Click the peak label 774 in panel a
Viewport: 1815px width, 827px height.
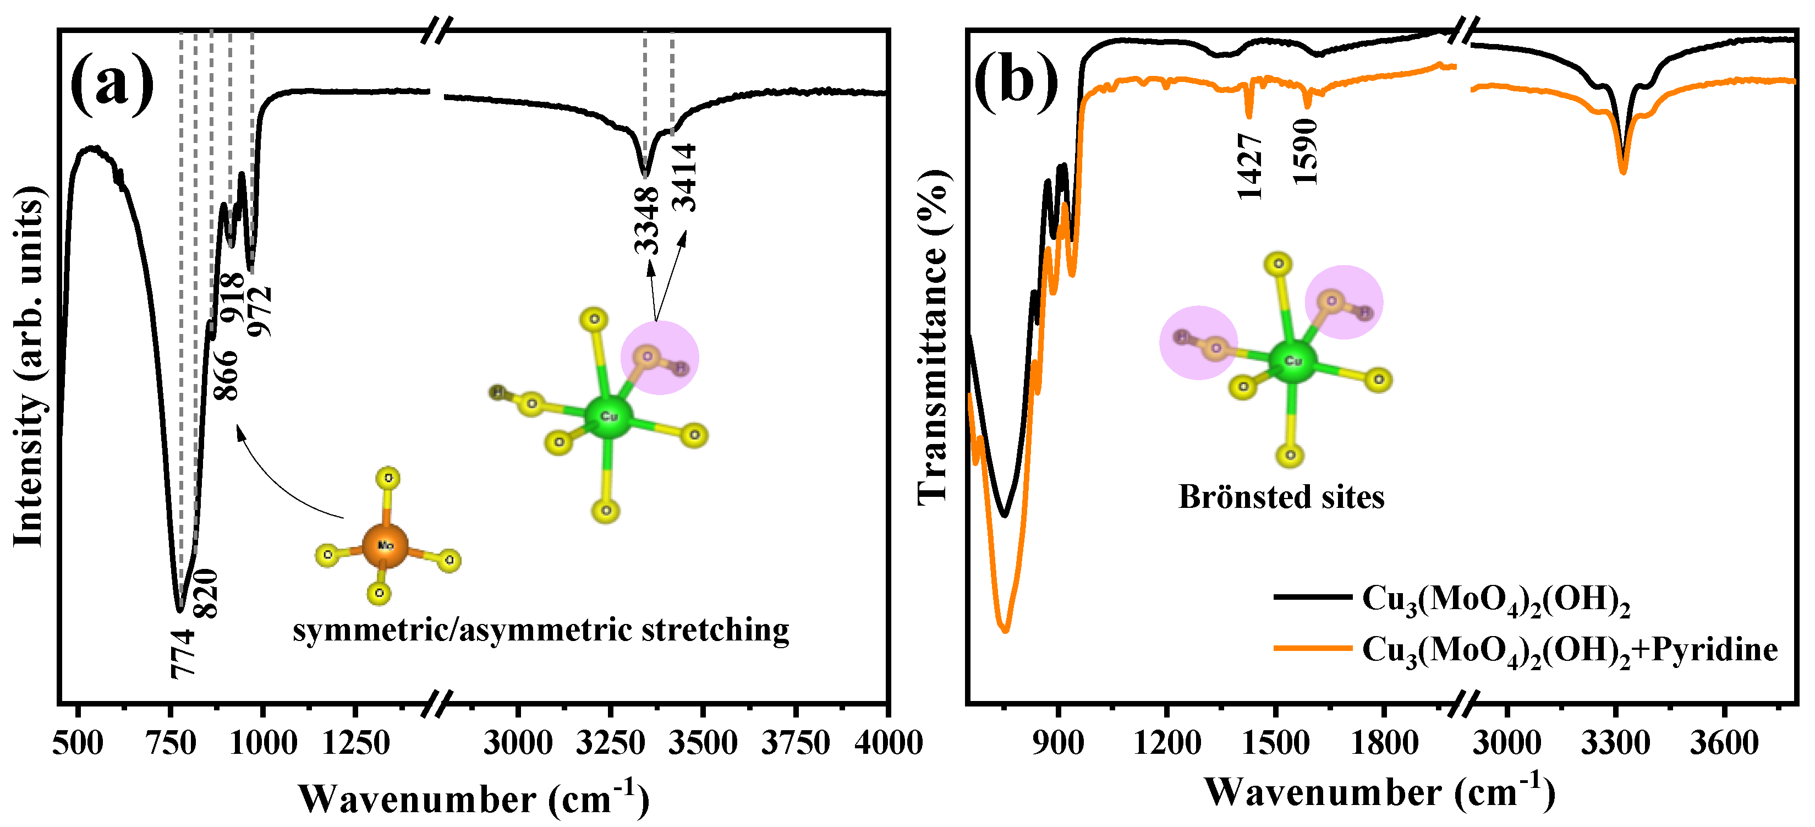(x=183, y=654)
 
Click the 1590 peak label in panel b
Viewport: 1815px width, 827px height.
(x=1305, y=151)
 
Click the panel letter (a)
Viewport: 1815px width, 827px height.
(x=113, y=83)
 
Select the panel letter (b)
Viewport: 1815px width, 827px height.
(x=1016, y=83)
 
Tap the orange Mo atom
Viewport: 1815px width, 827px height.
(x=385, y=546)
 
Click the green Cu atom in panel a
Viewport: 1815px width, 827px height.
(x=608, y=417)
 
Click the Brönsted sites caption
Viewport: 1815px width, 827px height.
(x=1281, y=497)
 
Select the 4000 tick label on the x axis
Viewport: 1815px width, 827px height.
(x=889, y=743)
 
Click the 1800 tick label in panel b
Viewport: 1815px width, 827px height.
(x=1384, y=743)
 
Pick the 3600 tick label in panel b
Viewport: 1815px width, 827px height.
(x=1724, y=743)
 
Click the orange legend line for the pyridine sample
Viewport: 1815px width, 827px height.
(x=1313, y=648)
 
